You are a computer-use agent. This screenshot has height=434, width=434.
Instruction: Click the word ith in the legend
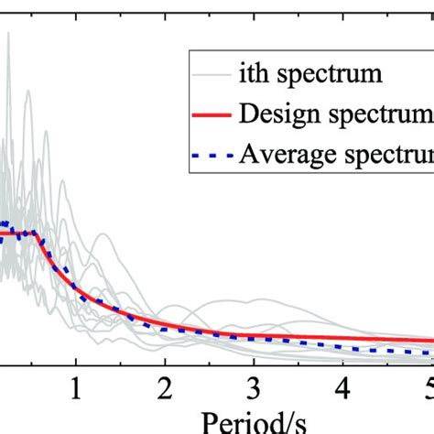255,70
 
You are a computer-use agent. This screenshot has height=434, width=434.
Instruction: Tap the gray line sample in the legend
210,71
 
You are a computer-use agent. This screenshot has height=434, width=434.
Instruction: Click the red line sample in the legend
210,114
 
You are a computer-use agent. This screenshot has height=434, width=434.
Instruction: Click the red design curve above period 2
165,325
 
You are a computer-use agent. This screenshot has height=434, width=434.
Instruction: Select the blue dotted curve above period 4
341,345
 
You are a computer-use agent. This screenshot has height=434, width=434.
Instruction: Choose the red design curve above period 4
341,339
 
